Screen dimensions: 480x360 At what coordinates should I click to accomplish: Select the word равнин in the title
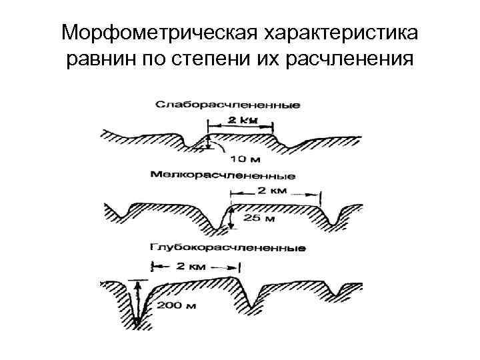coord(99,61)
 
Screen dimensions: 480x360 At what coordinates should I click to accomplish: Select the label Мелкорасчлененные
coord(223,176)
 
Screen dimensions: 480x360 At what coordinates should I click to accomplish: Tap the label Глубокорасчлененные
coord(228,248)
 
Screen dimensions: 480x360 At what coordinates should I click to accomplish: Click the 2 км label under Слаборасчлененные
coord(240,121)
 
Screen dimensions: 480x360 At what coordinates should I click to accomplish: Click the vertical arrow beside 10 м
coord(209,143)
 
